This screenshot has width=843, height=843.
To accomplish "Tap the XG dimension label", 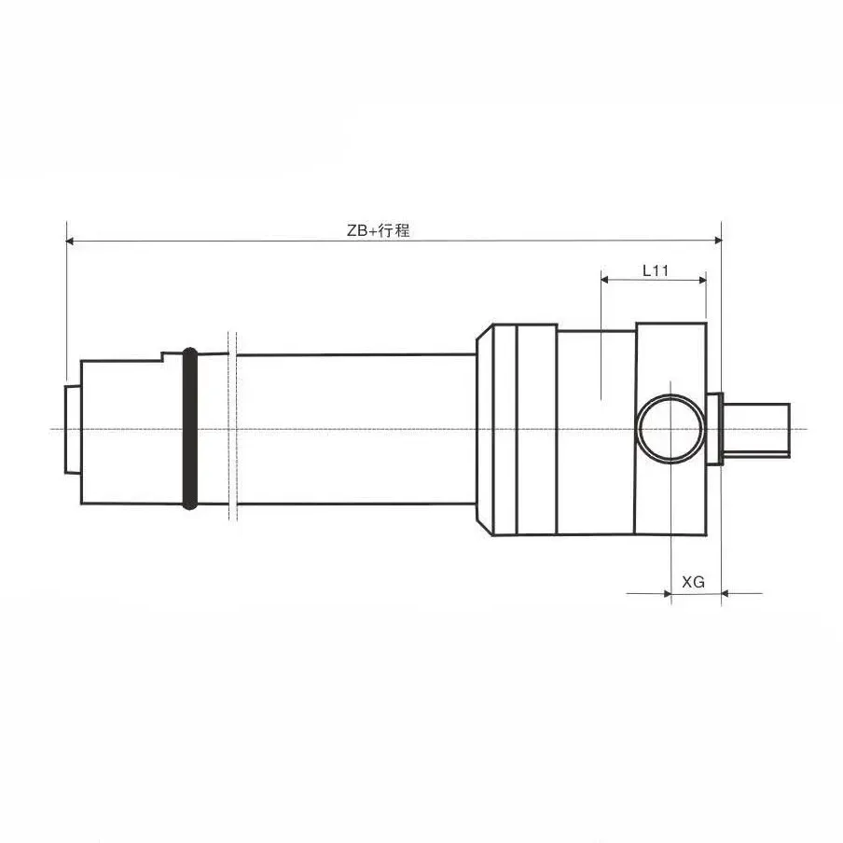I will [693, 582].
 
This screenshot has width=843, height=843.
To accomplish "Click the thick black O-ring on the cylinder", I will [190, 429].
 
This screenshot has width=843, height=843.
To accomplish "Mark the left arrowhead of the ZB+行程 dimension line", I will [71, 242].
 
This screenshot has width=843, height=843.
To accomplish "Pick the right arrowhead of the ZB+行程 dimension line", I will [716, 242].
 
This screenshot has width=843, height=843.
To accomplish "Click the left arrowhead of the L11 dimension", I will [606, 278].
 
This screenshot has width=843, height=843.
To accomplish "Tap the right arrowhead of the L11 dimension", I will [700, 278].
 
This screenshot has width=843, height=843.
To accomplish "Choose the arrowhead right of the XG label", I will [727, 592].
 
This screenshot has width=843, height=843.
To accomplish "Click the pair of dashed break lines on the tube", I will [233, 428].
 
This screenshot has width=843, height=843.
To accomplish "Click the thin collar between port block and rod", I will [715, 429].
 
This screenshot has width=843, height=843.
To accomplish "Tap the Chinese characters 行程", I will [395, 231].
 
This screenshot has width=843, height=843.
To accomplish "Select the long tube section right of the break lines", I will [354, 429].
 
